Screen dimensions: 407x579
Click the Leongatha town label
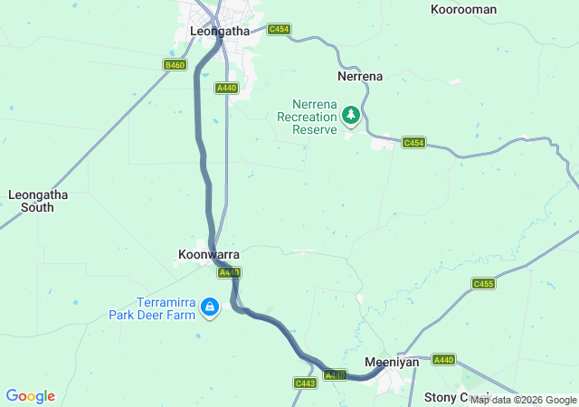tap(220, 31)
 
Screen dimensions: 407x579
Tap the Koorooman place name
tap(464, 9)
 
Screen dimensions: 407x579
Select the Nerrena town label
tap(359, 77)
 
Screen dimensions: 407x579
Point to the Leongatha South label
tap(31, 201)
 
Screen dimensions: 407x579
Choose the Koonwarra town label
tap(209, 255)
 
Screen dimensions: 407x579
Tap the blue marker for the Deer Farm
tap(210, 308)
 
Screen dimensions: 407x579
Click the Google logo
tap(30, 396)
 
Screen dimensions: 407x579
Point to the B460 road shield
tap(175, 65)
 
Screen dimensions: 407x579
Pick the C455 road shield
tap(484, 284)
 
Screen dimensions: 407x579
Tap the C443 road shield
tap(305, 383)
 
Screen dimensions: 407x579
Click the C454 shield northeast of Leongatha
tap(279, 30)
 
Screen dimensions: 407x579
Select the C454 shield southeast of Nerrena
tap(413, 143)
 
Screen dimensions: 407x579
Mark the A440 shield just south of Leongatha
tap(226, 88)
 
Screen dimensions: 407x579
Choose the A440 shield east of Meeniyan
tap(443, 360)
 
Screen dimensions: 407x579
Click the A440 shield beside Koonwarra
tap(229, 272)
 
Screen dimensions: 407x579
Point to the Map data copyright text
tap(523, 400)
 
